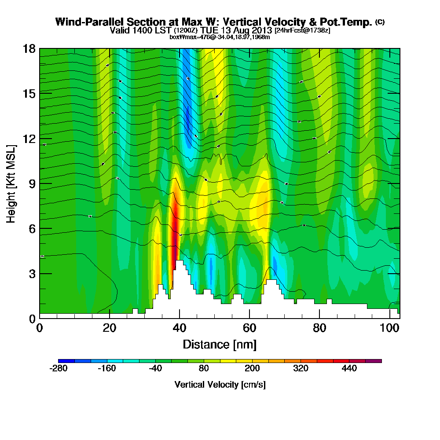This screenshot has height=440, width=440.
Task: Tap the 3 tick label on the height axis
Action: [32, 273]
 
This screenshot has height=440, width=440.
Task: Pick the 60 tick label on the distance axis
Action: [249, 329]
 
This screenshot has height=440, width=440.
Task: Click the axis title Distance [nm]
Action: [219, 344]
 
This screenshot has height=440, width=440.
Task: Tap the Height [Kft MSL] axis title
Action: [11, 183]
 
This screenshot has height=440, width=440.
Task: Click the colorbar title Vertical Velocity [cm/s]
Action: [220, 385]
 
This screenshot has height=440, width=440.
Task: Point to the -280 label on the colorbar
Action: [59, 369]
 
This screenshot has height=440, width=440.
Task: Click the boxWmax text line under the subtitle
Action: [219, 37]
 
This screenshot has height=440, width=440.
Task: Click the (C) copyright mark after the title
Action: [380, 22]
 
